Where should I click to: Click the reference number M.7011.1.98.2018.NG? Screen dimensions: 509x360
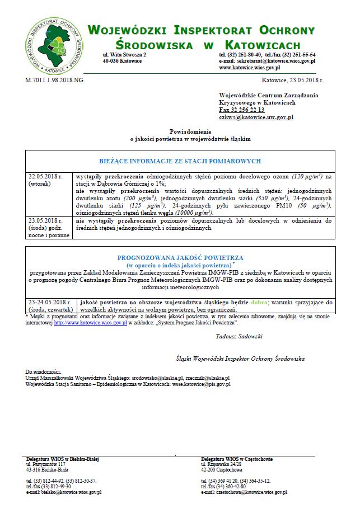pos(54,81)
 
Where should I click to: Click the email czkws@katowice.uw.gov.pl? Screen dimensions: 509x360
pos(256,117)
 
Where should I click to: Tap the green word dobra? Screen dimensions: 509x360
pos(259,302)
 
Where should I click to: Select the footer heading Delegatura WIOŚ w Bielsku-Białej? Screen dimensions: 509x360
pos(62,459)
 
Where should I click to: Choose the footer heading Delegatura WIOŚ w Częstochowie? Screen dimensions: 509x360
pos(237,459)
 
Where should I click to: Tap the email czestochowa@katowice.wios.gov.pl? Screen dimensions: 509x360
pos(244,492)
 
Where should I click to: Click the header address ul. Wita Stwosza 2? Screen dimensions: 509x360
pos(124,55)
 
